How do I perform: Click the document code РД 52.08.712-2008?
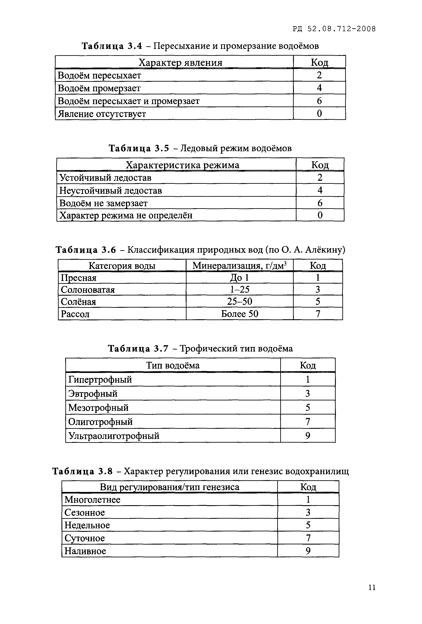(x=334, y=29)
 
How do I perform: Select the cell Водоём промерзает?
(x=99, y=88)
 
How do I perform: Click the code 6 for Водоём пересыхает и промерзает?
(x=319, y=101)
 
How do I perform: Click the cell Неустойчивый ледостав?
(x=110, y=190)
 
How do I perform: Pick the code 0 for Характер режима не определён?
(x=320, y=215)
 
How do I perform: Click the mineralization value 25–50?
(x=239, y=301)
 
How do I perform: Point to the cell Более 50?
(x=239, y=314)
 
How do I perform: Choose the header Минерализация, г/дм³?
(x=239, y=266)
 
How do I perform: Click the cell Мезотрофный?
(x=98, y=408)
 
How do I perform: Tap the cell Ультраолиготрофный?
(x=114, y=435)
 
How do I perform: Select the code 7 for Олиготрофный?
(x=308, y=422)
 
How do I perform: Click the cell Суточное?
(x=85, y=538)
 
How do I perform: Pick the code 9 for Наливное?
(x=308, y=551)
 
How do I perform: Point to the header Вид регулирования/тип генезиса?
(x=169, y=487)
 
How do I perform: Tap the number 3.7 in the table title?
(x=161, y=348)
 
